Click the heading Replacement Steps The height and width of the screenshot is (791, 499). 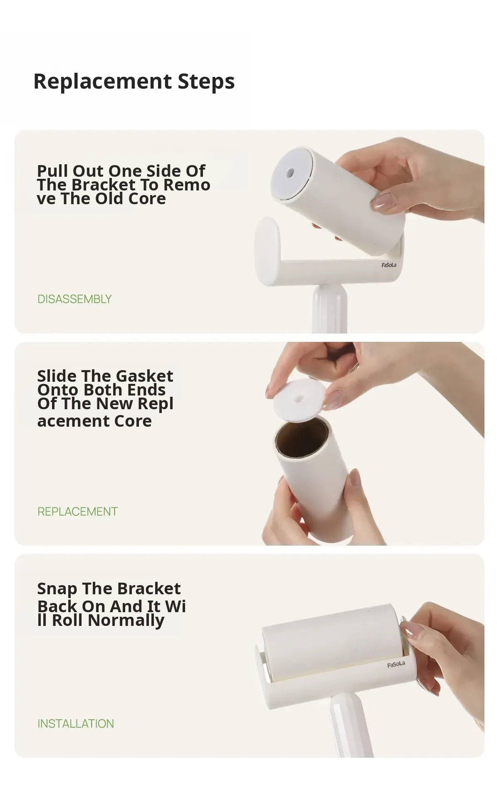134,81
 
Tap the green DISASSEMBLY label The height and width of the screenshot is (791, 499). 74,299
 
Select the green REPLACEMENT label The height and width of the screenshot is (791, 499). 78,512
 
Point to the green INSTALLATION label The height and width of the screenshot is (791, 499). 76,724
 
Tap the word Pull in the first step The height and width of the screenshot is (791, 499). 52,171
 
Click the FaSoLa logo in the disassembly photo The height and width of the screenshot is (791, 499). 389,265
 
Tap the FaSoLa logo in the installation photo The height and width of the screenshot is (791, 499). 396,664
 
